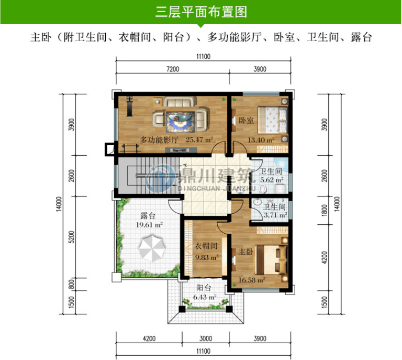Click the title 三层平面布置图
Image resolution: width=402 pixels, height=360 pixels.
point(201,12)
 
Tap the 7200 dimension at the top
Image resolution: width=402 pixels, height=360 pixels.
point(173,69)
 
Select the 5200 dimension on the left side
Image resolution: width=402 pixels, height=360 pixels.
point(72,237)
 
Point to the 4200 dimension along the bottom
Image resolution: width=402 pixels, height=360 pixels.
point(149,338)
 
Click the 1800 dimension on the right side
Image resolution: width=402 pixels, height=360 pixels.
point(324,210)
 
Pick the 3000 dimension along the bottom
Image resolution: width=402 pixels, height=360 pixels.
point(206,338)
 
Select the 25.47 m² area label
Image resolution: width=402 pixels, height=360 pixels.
point(199,140)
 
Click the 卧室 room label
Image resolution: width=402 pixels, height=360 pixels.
point(246,120)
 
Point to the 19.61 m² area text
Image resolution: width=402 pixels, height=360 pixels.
point(149,225)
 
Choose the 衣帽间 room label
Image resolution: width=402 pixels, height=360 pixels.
point(206,246)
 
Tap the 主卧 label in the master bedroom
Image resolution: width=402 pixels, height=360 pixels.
point(246,252)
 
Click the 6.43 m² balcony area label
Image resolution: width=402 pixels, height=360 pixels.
point(205,297)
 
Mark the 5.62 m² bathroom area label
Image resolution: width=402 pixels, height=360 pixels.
point(272,180)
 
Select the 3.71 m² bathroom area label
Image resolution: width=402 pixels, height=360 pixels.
point(275,215)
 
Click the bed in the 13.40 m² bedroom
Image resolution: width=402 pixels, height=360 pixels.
point(272,120)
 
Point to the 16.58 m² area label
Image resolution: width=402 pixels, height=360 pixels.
point(252,280)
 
